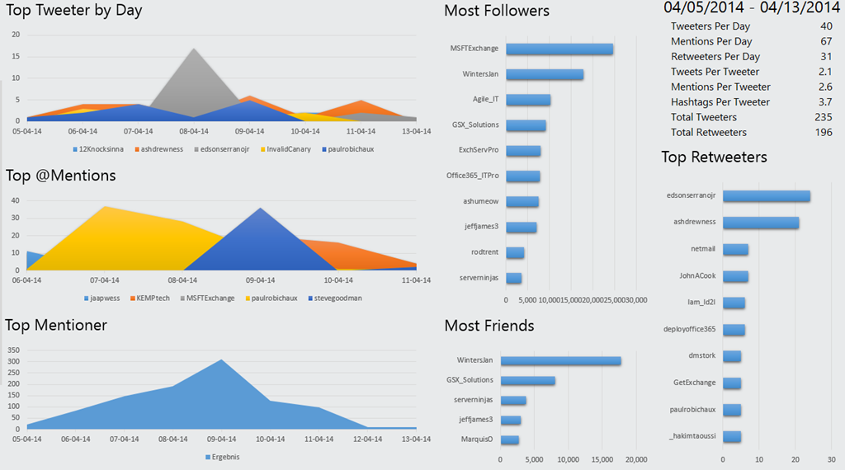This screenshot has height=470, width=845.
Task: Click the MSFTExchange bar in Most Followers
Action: click(559, 49)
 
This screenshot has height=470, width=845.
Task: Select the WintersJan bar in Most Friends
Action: click(560, 360)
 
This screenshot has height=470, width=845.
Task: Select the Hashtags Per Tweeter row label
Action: click(720, 102)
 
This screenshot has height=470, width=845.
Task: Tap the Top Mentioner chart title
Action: click(56, 325)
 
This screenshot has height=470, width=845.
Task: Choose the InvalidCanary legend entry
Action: click(288, 149)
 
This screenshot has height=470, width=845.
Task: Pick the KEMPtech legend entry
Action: click(151, 298)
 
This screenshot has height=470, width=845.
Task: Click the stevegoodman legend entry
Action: click(335, 298)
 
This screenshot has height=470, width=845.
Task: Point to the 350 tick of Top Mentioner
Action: click(13, 350)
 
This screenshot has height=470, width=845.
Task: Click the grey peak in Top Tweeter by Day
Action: click(194, 51)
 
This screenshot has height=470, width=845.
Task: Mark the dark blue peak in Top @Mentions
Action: click(261, 209)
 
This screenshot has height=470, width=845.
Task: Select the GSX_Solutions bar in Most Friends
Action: click(527, 380)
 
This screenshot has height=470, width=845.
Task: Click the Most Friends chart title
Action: click(489, 326)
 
